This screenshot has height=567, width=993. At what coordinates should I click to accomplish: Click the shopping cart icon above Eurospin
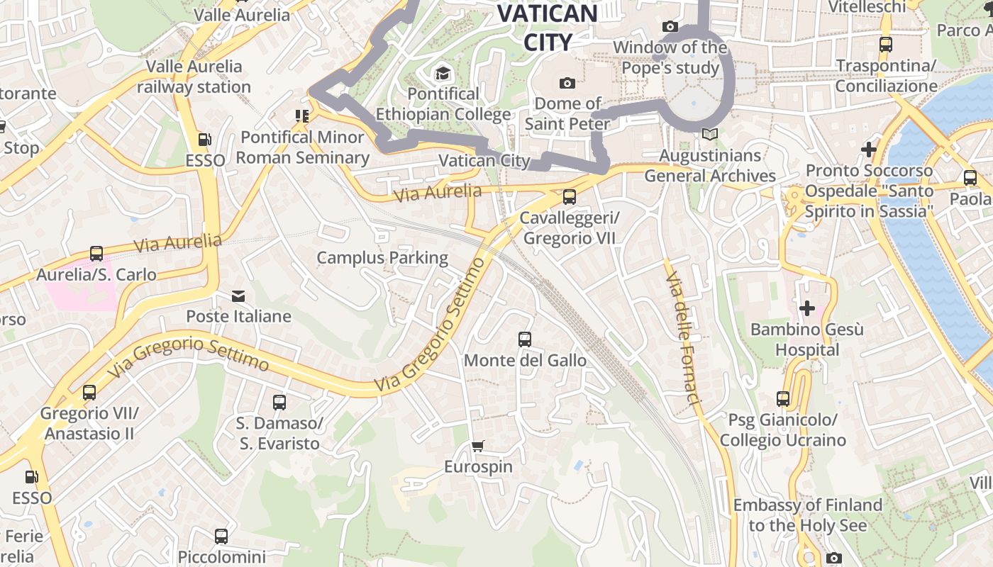478,446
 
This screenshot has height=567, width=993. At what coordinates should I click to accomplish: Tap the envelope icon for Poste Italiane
238,296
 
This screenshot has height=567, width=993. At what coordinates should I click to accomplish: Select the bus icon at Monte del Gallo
525,339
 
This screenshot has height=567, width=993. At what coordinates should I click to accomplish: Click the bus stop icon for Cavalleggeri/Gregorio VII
569,197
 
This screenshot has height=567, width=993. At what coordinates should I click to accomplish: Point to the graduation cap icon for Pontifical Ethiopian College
443,73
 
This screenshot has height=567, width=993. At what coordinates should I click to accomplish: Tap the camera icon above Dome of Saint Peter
567,84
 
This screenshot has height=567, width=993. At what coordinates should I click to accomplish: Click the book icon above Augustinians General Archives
710,134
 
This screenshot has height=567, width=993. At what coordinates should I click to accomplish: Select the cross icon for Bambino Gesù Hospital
807,308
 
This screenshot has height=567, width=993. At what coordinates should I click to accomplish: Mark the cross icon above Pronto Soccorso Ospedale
869,150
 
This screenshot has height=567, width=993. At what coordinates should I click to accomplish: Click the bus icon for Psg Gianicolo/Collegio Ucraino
783,399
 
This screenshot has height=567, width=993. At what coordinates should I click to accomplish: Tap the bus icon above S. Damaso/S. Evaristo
279,403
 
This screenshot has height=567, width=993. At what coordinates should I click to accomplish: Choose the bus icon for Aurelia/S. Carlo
96,254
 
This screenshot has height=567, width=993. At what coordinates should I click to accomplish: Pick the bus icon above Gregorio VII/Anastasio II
89,393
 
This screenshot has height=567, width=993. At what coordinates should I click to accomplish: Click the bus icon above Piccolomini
221,537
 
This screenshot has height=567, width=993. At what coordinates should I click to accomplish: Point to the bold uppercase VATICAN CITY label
548,28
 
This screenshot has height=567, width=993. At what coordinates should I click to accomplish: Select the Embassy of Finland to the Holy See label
808,515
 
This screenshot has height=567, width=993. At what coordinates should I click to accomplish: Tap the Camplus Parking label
382,258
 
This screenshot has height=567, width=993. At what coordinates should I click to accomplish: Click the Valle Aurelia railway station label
194,77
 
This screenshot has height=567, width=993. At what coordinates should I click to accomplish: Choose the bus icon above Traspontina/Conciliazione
886,45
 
